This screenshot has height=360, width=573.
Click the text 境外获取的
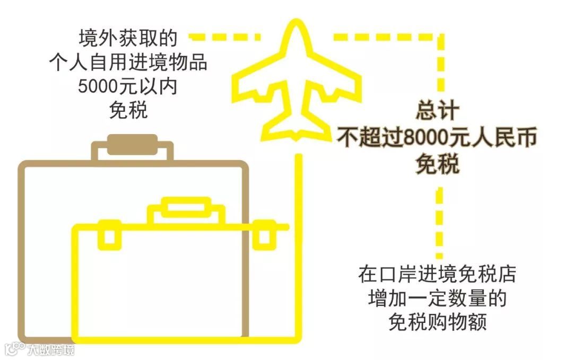(127, 39)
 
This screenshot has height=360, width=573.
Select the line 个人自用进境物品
(127, 63)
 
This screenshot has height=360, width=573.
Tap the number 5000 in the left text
(99, 86)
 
